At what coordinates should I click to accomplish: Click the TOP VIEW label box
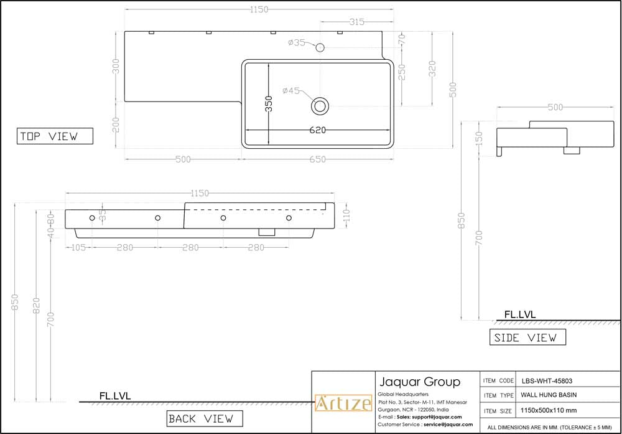pos(55,136)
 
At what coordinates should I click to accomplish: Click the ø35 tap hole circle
pos(320,47)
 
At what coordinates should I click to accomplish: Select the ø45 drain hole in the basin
pos(320,106)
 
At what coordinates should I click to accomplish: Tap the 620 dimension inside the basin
pos(317,130)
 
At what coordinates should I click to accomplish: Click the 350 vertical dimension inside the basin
pos(269,103)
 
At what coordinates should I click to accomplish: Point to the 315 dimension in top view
pos(356,22)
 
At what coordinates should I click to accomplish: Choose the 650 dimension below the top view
pos(317,159)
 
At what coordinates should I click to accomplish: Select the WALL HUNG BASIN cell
pos(548,395)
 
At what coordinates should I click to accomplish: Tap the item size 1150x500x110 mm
pos(549,411)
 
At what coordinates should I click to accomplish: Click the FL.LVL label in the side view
pos(519,315)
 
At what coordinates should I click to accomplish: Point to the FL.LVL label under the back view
pos(115,395)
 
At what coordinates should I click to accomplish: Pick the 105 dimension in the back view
pos(77,247)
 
